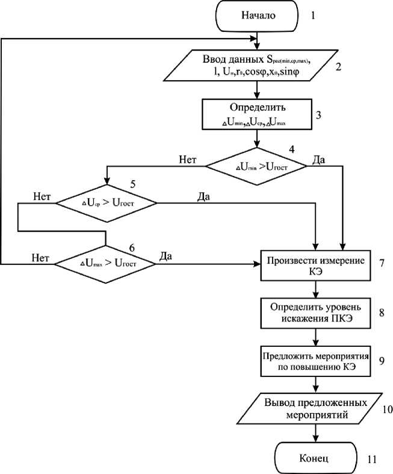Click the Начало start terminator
click(x=259, y=16)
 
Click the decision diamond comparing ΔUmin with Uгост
click(x=256, y=165)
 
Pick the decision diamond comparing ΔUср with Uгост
click(x=107, y=203)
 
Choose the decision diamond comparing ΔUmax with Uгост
click(x=106, y=263)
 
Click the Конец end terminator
click(x=314, y=458)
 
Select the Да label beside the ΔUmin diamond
click(x=320, y=159)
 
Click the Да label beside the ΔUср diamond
click(x=204, y=197)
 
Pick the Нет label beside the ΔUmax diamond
click(x=40, y=257)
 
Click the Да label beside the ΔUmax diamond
click(x=166, y=256)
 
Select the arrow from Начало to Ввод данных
click(x=259, y=39)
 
